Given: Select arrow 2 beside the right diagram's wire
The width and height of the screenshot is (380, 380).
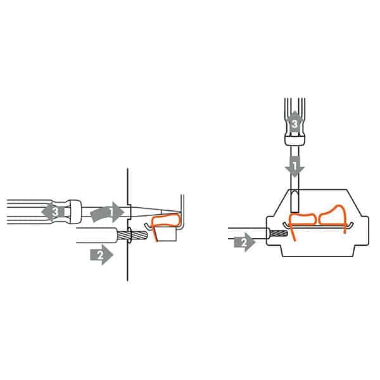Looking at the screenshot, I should pyautogui.click(x=244, y=241).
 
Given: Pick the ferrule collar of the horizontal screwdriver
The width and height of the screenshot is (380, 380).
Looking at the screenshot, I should pyautogui.click(x=75, y=212).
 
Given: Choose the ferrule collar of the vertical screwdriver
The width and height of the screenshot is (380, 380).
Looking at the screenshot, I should pyautogui.click(x=294, y=144).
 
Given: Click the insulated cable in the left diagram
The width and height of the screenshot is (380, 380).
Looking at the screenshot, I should pyautogui.click(x=95, y=237).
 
